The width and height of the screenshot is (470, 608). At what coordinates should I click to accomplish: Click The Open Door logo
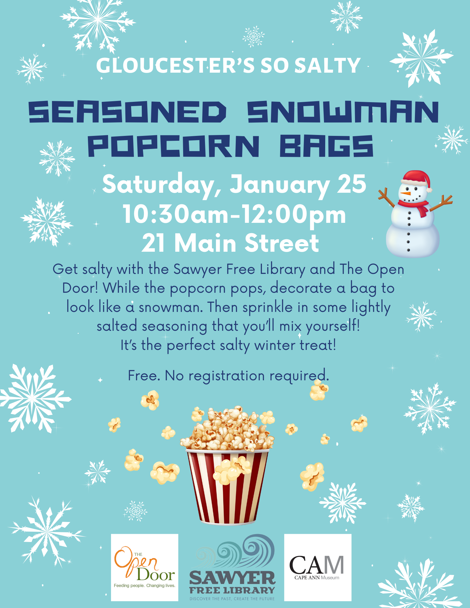click(x=144, y=568)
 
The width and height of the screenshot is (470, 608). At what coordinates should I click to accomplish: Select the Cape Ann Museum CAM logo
click(x=318, y=568)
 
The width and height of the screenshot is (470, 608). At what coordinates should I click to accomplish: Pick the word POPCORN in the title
click(x=174, y=146)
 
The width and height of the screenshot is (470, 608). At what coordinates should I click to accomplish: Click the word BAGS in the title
click(x=326, y=146)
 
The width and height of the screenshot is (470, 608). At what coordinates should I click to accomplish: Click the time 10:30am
click(x=176, y=214)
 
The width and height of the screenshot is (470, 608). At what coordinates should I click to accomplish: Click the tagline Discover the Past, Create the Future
click(x=232, y=599)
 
